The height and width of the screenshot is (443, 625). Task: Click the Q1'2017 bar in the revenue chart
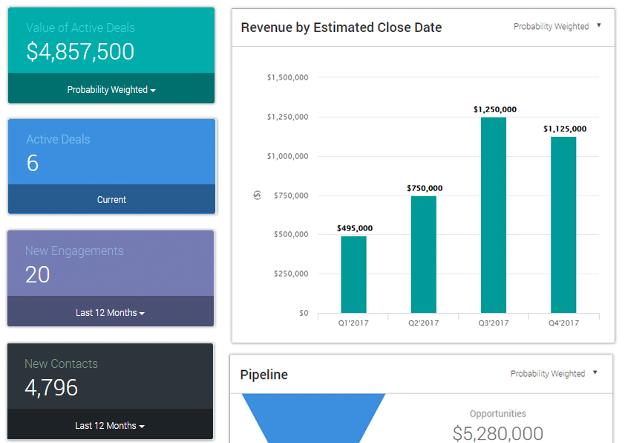353,274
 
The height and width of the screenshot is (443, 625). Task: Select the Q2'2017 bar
423,254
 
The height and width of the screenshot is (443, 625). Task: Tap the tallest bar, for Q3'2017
494,215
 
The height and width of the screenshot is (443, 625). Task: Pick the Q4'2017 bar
563,224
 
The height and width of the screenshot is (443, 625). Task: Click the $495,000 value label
354,228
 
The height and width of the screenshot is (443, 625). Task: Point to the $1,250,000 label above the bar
494,109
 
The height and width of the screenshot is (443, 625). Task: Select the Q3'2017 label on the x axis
494,323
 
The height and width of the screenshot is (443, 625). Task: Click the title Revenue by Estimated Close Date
341,28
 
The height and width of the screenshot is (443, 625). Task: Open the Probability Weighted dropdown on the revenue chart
557,26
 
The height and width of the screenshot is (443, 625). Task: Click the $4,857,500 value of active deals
80,52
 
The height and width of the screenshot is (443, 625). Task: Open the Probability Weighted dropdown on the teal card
111,90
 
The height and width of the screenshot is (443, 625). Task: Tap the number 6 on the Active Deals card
33,164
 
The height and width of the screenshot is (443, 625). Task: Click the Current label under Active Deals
111,200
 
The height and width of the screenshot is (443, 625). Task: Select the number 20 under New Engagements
37,275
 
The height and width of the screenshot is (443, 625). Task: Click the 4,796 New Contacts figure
51,388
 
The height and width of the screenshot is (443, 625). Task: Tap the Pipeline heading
264,375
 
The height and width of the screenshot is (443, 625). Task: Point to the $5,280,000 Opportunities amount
497,433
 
